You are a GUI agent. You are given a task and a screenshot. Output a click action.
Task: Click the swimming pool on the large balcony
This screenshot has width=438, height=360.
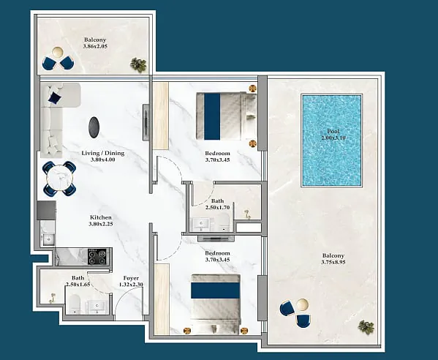(x=331, y=140)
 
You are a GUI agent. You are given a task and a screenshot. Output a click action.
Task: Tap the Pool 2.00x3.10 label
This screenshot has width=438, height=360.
(x=333, y=135)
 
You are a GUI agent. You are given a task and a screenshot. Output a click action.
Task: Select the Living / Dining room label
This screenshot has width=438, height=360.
(x=103, y=157)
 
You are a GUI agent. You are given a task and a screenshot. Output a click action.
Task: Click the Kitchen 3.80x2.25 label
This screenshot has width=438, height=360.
(x=101, y=220)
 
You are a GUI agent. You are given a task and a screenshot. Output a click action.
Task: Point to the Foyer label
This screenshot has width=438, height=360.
(x=131, y=278)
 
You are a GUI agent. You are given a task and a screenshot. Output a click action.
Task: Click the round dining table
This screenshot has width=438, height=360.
(x=59, y=178)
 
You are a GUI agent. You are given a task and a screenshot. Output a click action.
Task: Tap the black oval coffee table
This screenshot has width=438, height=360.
(x=94, y=127)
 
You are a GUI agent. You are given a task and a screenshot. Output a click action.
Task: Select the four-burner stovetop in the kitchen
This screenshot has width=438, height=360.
(x=98, y=257)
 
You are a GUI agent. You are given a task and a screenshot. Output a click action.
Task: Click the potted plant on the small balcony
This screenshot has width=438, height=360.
(x=138, y=65)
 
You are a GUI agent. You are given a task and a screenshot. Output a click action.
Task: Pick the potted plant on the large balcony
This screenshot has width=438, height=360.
(x=366, y=327)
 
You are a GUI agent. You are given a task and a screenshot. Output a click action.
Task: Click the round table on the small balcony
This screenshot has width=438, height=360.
(x=57, y=52)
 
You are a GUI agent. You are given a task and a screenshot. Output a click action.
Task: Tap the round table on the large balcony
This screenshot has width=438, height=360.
(x=302, y=304)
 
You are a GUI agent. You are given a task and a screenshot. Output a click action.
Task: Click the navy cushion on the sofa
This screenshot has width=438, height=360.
(x=54, y=98)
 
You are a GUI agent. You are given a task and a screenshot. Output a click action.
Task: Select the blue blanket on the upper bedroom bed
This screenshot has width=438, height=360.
(x=212, y=116)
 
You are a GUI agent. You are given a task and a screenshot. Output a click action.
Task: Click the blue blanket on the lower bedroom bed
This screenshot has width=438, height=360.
(x=216, y=290)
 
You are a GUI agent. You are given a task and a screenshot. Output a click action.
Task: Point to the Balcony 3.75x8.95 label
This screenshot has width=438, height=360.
(x=333, y=259)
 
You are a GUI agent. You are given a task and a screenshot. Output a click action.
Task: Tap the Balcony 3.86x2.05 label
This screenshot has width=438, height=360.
(x=95, y=43)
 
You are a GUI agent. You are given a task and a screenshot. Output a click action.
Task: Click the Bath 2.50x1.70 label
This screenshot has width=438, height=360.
(x=217, y=204)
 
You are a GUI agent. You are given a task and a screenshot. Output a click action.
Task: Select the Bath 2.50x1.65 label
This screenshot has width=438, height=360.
(x=78, y=281)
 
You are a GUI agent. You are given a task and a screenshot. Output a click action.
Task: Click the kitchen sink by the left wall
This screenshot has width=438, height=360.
(x=48, y=240)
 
